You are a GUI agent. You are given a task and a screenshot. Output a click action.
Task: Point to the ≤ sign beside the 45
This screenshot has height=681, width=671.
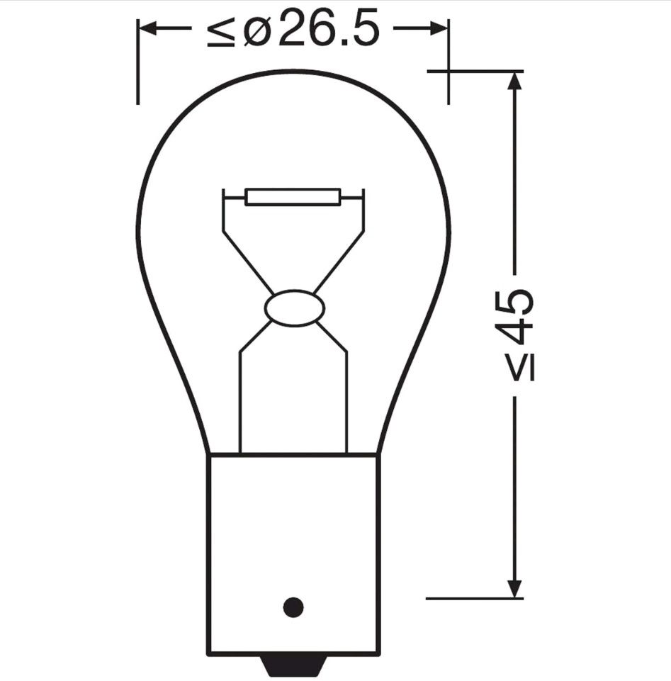pos(521,367)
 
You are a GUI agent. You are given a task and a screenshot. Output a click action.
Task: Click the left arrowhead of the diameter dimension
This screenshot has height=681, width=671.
pos(147,28)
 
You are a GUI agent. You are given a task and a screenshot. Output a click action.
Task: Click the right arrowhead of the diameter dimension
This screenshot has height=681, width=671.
pos(439,28)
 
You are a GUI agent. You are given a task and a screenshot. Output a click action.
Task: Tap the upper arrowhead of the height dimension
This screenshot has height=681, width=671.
pos(514,80)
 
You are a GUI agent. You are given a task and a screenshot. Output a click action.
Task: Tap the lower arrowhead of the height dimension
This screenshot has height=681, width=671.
pos(514,588)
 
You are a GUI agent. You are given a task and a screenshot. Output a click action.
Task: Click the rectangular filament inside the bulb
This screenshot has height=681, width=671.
pos(293,197)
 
